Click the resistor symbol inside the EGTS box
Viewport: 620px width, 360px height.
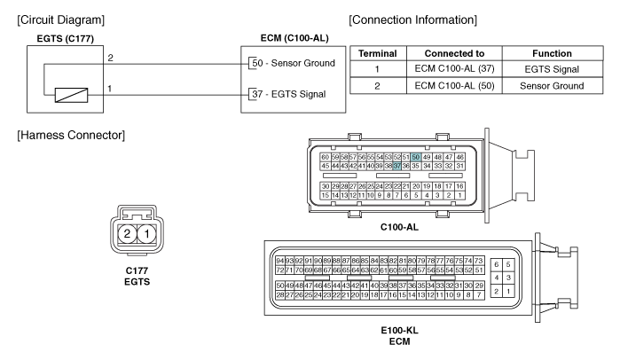(x=71, y=95)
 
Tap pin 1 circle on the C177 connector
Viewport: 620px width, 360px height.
(x=146, y=234)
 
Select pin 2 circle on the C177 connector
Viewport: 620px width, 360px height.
(x=127, y=234)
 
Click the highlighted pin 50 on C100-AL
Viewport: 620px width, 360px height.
(x=416, y=157)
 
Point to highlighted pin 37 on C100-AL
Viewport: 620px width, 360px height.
(x=397, y=167)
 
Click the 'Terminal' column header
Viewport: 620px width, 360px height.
(x=378, y=53)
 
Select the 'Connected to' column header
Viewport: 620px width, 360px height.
(x=454, y=53)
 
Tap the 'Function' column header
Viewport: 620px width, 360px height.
(x=552, y=53)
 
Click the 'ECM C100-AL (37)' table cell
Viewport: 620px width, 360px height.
(x=454, y=69)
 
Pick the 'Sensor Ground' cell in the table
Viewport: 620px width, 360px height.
(x=552, y=86)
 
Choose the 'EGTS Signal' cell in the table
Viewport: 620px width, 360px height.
(x=552, y=69)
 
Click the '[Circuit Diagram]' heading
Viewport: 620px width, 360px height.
(x=61, y=20)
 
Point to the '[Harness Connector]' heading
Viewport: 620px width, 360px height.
(x=71, y=135)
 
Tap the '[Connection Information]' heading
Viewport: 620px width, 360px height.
(x=412, y=20)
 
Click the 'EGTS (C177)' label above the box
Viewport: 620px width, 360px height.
(x=66, y=39)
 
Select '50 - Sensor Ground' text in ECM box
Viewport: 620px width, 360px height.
(x=294, y=63)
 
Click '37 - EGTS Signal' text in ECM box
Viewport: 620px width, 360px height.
(x=288, y=94)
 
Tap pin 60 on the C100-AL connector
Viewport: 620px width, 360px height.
(x=325, y=157)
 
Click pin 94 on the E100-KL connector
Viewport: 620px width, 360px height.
(x=280, y=261)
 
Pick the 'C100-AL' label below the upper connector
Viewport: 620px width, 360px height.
(x=399, y=227)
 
